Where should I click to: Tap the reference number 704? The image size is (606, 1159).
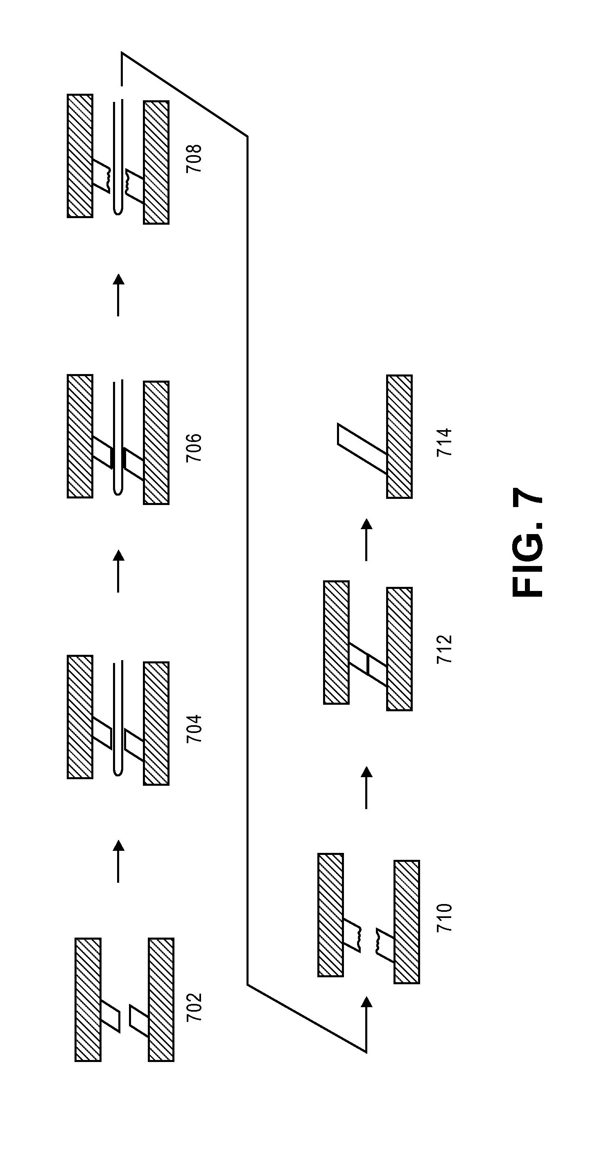click(x=194, y=728)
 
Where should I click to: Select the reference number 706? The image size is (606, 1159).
click(x=194, y=448)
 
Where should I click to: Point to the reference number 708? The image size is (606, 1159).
click(x=194, y=159)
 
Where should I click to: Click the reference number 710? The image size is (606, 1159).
click(x=444, y=917)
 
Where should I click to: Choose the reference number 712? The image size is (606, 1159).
click(x=444, y=649)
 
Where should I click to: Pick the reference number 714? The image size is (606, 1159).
click(x=444, y=442)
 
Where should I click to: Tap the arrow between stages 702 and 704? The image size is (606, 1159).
click(x=118, y=861)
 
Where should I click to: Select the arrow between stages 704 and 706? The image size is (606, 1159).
click(x=118, y=571)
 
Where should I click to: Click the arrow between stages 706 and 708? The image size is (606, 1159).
click(x=118, y=295)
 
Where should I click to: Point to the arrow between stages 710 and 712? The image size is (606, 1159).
click(x=366, y=787)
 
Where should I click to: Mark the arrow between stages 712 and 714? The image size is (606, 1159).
click(x=366, y=539)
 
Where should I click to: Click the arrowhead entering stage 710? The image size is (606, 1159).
click(x=366, y=1001)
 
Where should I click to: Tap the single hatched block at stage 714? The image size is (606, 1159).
click(x=399, y=436)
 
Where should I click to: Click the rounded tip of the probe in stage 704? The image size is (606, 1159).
click(x=118, y=772)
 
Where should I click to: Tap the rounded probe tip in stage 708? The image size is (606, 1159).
click(x=118, y=212)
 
